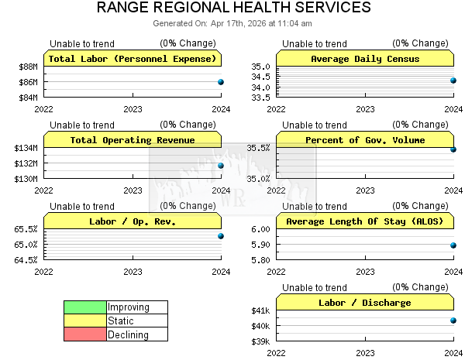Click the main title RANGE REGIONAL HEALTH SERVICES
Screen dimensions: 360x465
point(233,9)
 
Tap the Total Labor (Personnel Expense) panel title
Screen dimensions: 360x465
point(133,59)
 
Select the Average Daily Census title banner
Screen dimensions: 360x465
point(365,59)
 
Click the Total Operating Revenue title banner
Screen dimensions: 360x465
point(133,140)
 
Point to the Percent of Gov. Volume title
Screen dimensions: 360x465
point(365,140)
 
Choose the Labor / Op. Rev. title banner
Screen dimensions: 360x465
point(133,221)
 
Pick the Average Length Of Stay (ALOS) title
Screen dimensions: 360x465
point(365,221)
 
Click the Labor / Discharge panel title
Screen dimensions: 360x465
point(365,303)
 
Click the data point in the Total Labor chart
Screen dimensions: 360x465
point(221,81)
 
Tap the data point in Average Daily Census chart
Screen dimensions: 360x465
point(453,80)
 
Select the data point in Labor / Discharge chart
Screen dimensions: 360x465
point(453,320)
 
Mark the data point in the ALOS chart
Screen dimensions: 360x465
point(453,245)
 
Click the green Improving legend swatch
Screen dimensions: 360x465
point(85,307)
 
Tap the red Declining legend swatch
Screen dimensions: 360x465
point(85,335)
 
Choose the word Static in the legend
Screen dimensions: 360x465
point(121,321)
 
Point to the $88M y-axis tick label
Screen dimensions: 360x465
point(28,67)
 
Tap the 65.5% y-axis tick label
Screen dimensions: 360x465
point(26,229)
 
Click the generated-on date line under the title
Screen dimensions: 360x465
point(232,24)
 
